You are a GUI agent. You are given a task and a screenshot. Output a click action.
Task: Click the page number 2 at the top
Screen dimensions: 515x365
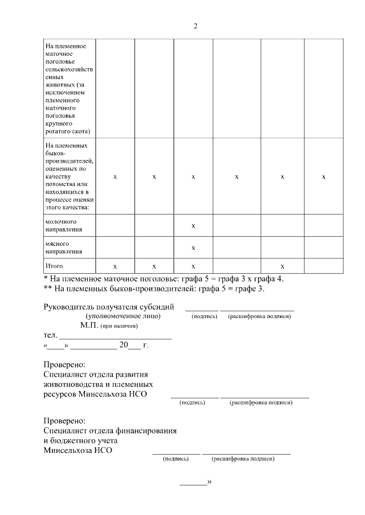tap(196, 26)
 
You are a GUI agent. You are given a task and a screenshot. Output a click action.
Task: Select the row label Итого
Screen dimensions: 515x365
tap(54, 266)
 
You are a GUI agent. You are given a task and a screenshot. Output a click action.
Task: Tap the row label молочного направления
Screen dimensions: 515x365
tap(63, 225)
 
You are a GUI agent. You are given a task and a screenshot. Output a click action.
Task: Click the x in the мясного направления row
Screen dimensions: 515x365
tap(193, 248)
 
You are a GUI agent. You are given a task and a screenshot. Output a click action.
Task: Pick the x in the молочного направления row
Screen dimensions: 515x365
tap(193, 226)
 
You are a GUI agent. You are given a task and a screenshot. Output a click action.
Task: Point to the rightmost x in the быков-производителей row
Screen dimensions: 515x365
tap(323, 177)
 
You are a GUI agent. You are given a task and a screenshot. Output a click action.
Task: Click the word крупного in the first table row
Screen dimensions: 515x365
tap(58, 123)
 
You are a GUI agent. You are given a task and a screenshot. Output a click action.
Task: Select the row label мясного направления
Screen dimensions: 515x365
tap(63, 247)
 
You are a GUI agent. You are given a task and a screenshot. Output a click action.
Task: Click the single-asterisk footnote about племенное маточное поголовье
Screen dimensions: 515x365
tap(164, 279)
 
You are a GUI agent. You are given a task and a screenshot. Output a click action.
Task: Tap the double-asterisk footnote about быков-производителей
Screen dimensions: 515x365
tap(154, 289)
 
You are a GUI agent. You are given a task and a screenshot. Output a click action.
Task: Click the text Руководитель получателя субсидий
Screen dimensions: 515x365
tap(109, 307)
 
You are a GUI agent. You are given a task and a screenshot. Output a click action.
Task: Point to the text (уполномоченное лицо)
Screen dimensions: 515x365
tap(123, 316)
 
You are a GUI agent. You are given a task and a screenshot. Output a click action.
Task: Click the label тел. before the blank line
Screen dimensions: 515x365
tap(50, 336)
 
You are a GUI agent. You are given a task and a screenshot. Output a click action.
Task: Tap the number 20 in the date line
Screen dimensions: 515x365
tap(124, 345)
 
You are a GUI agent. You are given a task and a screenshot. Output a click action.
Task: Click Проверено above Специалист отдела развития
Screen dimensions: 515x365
tap(64, 364)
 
